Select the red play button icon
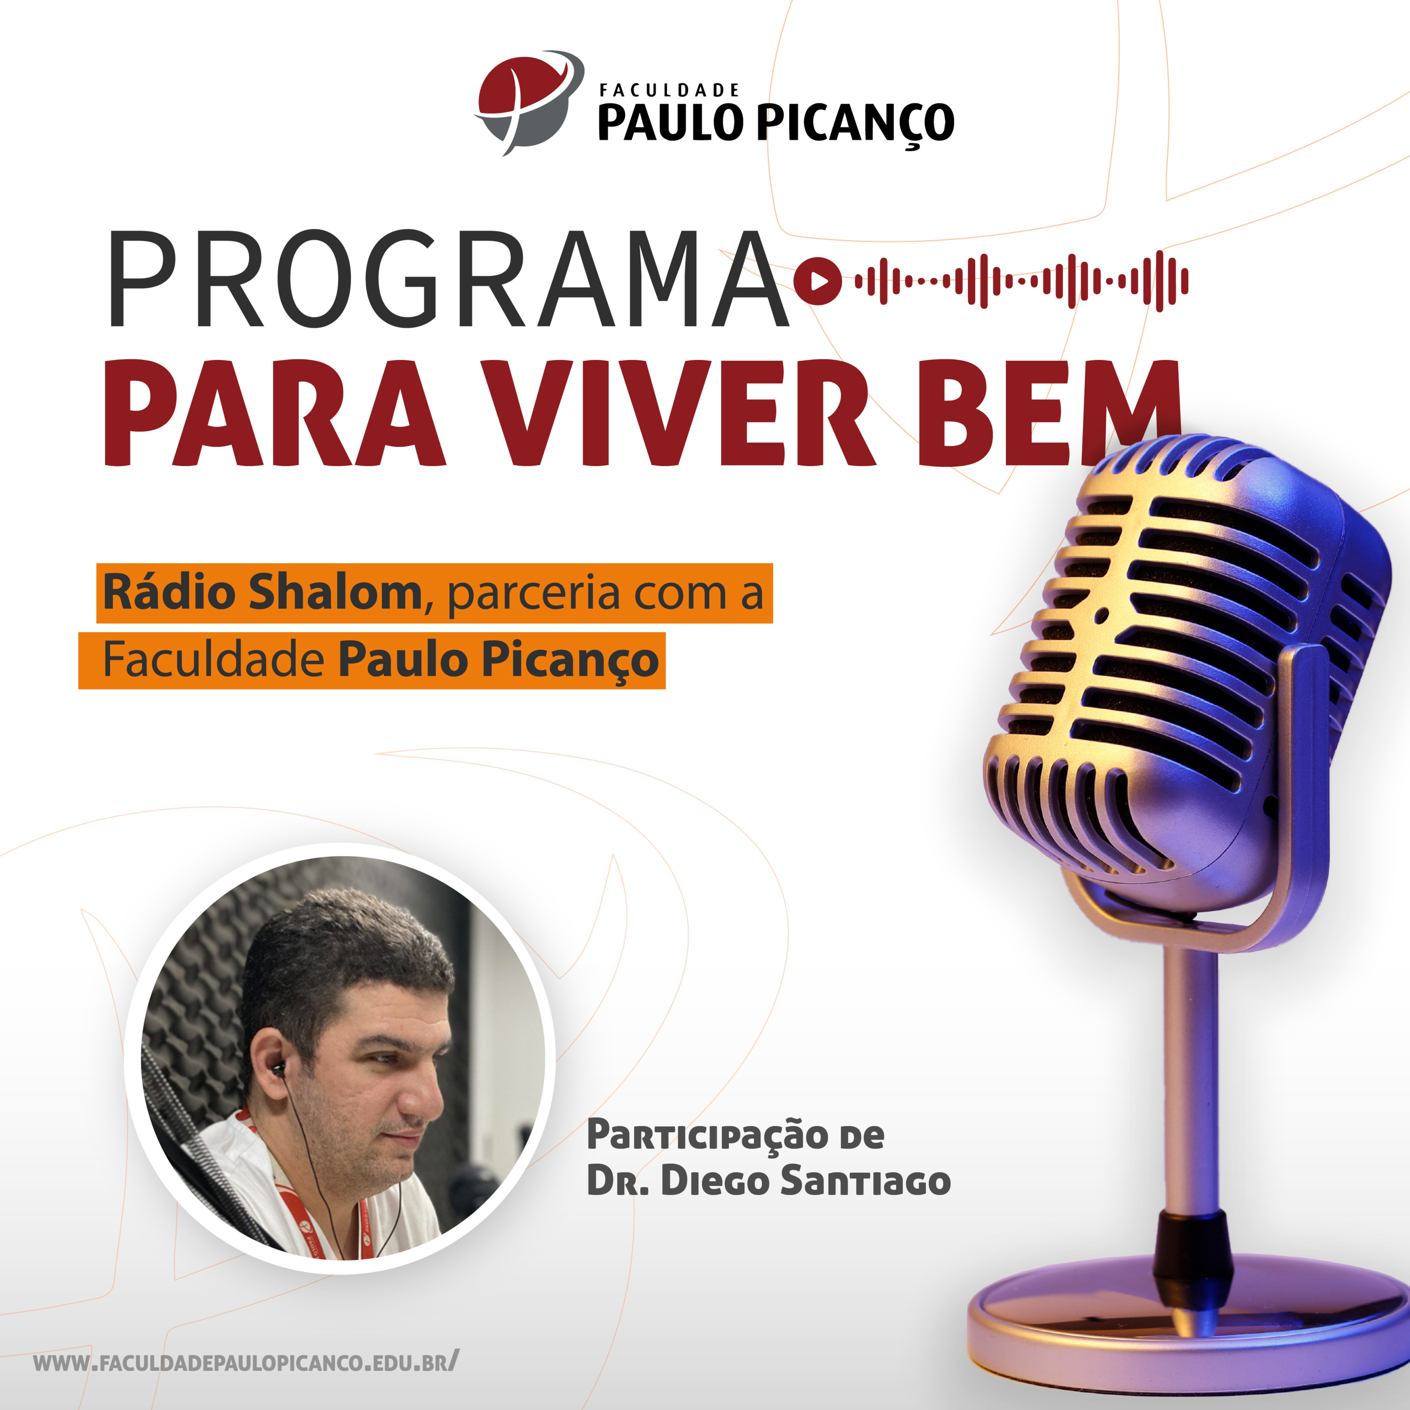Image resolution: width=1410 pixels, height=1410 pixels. tap(817, 280)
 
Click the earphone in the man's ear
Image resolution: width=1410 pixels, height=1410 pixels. tap(278, 1070)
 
